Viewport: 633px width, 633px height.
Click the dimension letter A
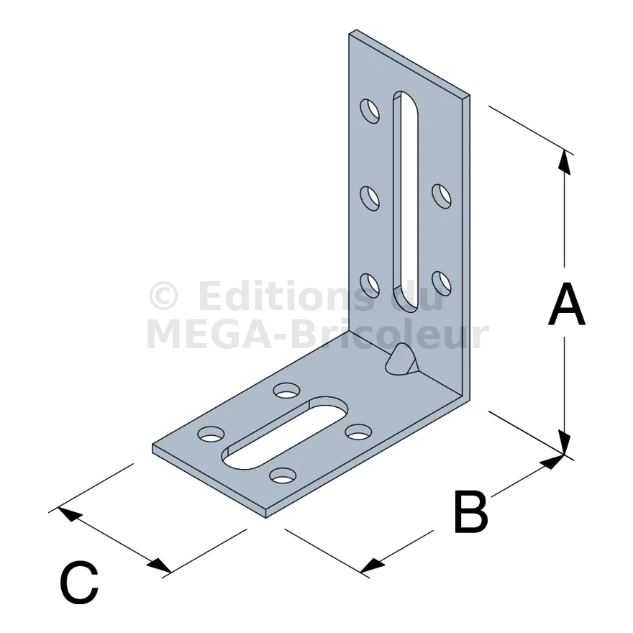coord(567,304)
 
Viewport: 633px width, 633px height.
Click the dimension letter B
coord(471,511)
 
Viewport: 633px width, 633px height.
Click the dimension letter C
coord(79,582)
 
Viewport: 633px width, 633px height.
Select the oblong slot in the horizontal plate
coord(285,433)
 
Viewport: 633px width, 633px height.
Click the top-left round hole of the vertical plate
coord(370,111)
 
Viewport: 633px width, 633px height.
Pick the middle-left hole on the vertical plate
coord(370,199)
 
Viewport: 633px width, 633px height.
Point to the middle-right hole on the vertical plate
coord(442,196)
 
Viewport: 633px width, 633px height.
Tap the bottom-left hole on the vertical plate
coord(370,286)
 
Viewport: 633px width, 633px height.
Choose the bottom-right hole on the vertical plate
coord(442,283)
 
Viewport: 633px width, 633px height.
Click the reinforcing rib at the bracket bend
coord(402,360)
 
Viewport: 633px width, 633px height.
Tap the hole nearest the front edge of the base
coord(283,475)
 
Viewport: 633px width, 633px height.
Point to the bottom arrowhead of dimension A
coord(565,443)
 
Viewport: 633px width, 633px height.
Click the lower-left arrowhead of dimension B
coord(372,565)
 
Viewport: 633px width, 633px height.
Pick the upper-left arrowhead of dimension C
coord(70,514)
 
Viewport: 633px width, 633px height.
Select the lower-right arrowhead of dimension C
coord(159,565)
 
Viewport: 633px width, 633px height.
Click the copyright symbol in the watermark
coord(163,296)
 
